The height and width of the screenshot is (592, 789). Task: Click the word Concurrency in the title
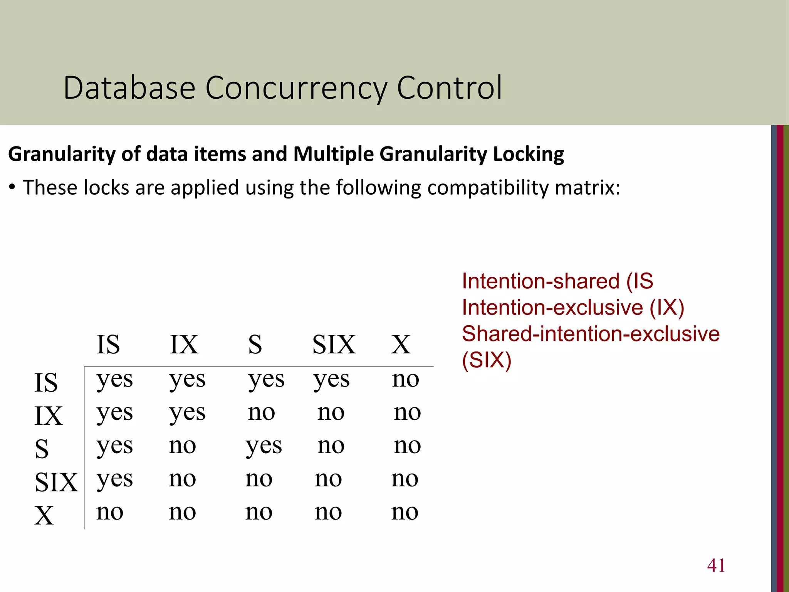[296, 89]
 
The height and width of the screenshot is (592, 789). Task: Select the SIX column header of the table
[334, 344]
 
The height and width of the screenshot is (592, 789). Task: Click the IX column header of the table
[184, 344]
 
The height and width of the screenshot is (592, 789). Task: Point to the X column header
[401, 344]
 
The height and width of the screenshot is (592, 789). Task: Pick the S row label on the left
[42, 449]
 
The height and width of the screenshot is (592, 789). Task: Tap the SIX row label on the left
[56, 482]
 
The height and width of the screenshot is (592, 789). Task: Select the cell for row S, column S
[264, 446]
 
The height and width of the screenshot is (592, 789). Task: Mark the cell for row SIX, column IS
[114, 479]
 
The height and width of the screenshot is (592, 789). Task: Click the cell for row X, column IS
[110, 512]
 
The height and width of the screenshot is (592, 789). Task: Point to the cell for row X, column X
[405, 512]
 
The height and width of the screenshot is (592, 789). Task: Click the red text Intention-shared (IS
[557, 281]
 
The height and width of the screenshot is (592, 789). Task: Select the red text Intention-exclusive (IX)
[573, 308]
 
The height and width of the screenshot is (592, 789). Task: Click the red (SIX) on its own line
[487, 360]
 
